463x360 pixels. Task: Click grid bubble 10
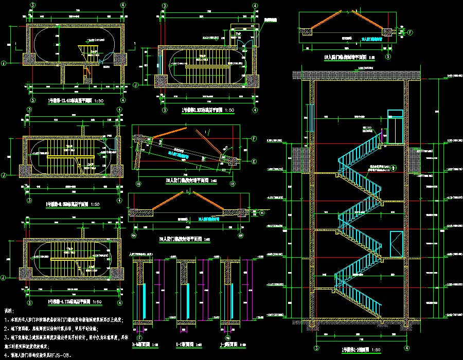pyautogui.click(x=138, y=184)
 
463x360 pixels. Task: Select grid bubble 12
pyautogui.click(x=233, y=184)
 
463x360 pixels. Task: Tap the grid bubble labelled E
pyautogui.click(x=254, y=161)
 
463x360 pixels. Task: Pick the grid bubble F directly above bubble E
pyautogui.click(x=254, y=138)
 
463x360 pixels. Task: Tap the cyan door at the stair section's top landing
pyautogui.click(x=395, y=126)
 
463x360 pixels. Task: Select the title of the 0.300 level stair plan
pyautogui.click(x=208, y=111)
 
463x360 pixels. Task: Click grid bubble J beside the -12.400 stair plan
pyautogui.click(x=4, y=63)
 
